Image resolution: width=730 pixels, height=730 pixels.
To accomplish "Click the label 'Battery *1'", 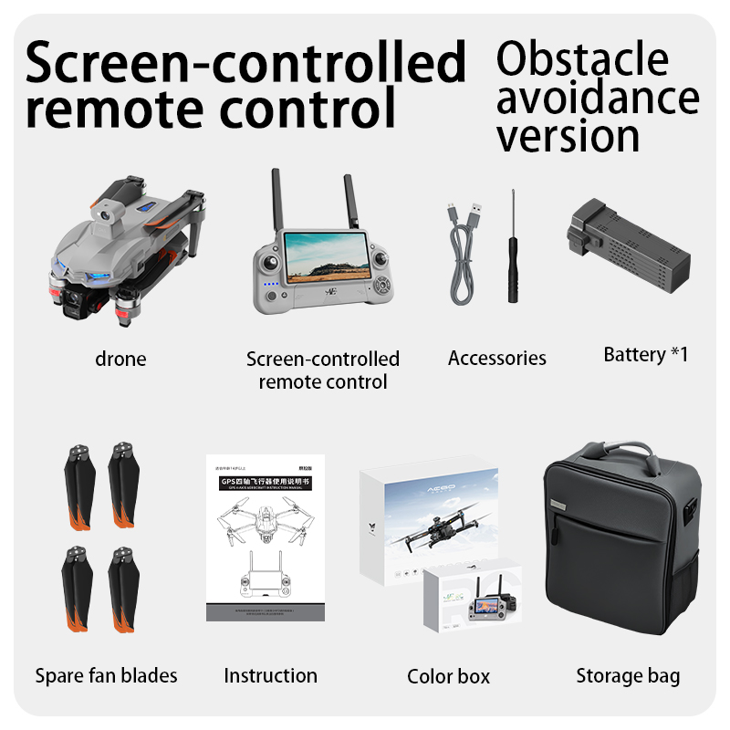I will coord(645,354).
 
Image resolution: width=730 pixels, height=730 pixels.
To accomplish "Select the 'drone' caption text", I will coord(120,359).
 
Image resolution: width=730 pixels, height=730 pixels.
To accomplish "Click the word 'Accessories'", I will coord(496,359).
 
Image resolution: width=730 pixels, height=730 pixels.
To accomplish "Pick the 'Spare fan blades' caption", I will coord(106,675).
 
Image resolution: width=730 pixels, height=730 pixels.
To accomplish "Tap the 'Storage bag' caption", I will coord(628,675).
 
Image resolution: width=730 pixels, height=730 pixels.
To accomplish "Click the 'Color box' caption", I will coord(448,676).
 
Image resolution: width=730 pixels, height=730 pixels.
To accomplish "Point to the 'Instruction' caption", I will coord(270,675).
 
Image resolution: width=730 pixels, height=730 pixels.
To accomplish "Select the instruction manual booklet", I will coord(265,538).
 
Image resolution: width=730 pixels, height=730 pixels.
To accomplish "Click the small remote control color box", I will coord(471,599).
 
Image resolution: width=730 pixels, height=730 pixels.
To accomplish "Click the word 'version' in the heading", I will coord(568,135).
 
